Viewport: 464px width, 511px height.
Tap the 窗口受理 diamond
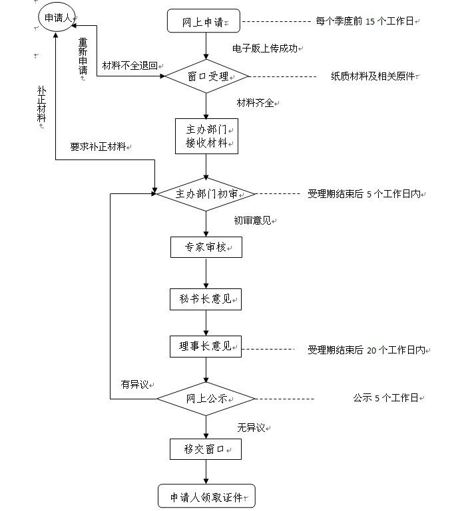(206, 77)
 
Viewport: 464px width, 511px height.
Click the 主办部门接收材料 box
(206, 136)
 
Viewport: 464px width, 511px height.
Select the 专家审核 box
(206, 248)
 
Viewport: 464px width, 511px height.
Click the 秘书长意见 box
(206, 300)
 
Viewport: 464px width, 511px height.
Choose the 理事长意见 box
(206, 346)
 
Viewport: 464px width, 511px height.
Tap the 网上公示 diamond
(206, 399)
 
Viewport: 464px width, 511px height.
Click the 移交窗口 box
(206, 450)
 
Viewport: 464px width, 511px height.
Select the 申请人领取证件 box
(206, 497)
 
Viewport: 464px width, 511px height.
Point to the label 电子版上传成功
(266, 49)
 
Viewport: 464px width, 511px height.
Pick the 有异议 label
(135, 385)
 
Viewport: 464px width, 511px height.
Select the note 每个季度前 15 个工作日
(365, 21)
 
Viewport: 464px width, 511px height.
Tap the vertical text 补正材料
(41, 104)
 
